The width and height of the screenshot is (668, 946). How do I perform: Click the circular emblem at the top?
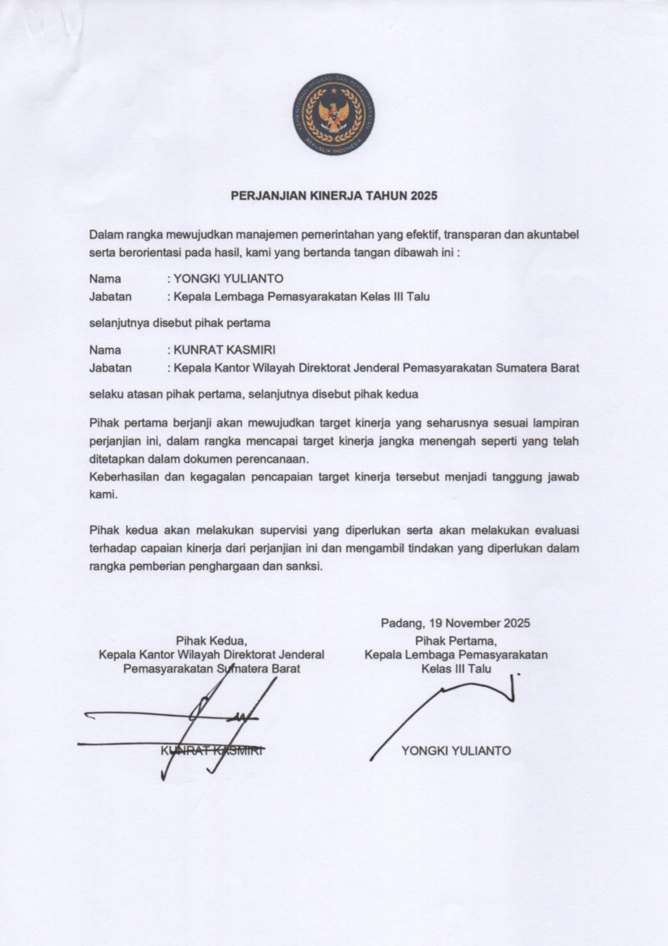[333, 114]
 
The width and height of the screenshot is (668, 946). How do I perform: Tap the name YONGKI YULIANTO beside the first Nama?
[229, 279]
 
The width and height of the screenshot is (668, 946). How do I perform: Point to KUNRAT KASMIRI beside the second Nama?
[224, 350]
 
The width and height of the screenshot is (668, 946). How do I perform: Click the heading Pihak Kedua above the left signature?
[211, 641]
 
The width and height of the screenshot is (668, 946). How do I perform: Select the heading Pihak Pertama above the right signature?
[456, 641]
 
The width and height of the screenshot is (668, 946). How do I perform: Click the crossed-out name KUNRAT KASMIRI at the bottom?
[211, 751]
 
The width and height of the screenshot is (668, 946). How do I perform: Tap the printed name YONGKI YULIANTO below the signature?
[456, 751]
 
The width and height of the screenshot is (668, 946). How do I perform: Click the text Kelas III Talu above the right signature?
[456, 669]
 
